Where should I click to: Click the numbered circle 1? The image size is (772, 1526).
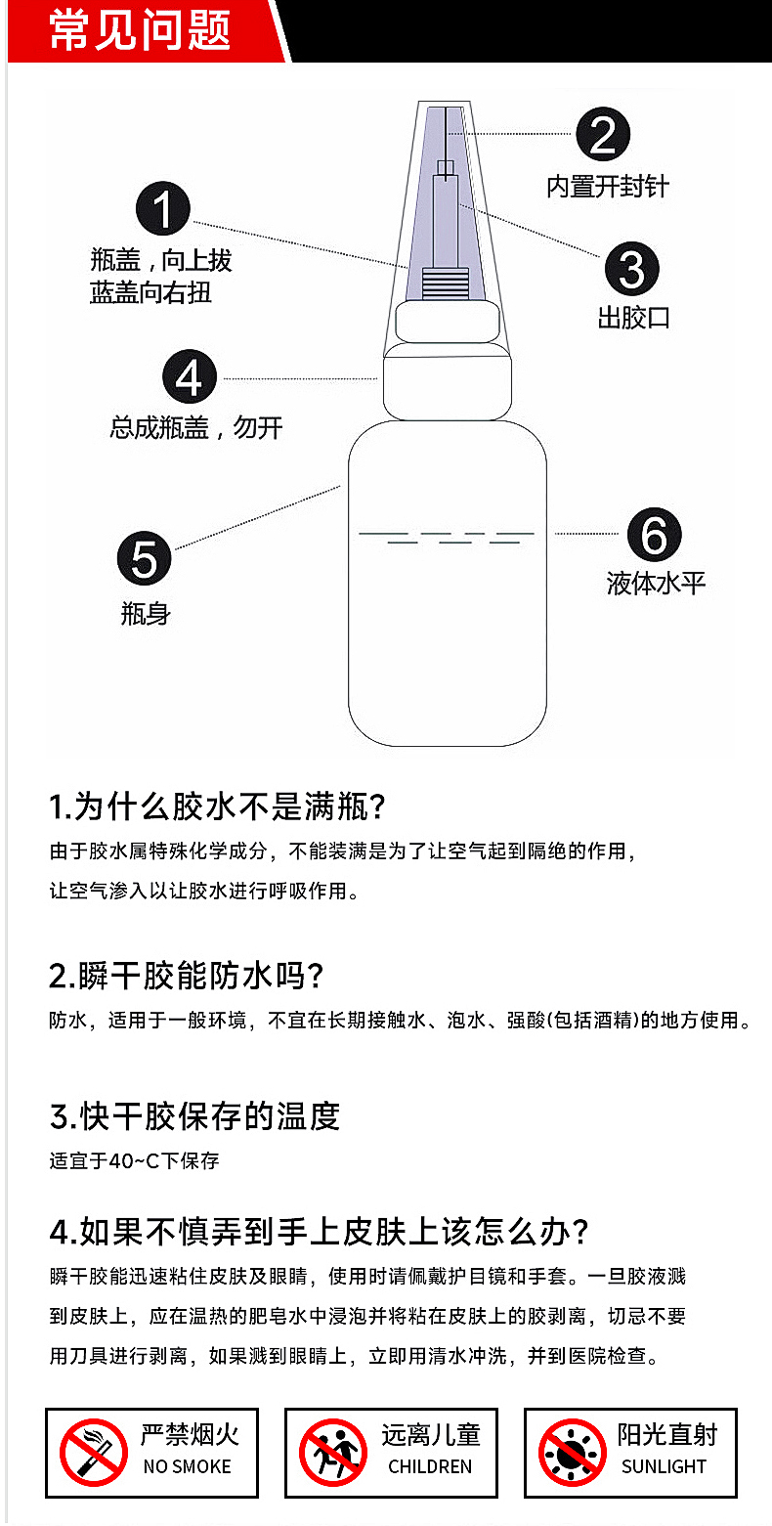point(162,208)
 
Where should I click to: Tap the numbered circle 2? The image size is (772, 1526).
point(603,134)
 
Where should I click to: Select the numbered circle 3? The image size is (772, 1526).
point(631,269)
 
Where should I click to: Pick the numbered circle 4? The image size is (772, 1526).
point(190,376)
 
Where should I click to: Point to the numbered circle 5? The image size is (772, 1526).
point(145,558)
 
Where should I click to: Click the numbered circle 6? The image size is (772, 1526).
point(654,534)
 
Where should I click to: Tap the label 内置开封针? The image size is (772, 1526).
point(607,187)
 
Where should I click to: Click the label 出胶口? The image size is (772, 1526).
point(633,318)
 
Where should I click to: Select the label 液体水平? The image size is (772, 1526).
point(656,584)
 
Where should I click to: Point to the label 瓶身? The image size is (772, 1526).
point(145,614)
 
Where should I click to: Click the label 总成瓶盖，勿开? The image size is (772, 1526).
point(196,428)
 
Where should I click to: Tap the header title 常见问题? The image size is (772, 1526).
point(141,30)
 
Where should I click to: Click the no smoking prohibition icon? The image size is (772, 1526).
point(93,1453)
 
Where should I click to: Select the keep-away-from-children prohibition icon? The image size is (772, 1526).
point(333,1453)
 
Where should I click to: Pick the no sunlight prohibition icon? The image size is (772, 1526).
point(573,1453)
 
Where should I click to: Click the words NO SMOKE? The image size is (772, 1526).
point(188,1466)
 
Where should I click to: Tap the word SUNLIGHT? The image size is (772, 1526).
point(664,1466)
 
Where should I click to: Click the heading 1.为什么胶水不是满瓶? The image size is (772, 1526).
point(217,807)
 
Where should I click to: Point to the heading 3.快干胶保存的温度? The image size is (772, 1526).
point(194,1116)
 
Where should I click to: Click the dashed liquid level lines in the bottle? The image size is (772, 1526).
point(447,538)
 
